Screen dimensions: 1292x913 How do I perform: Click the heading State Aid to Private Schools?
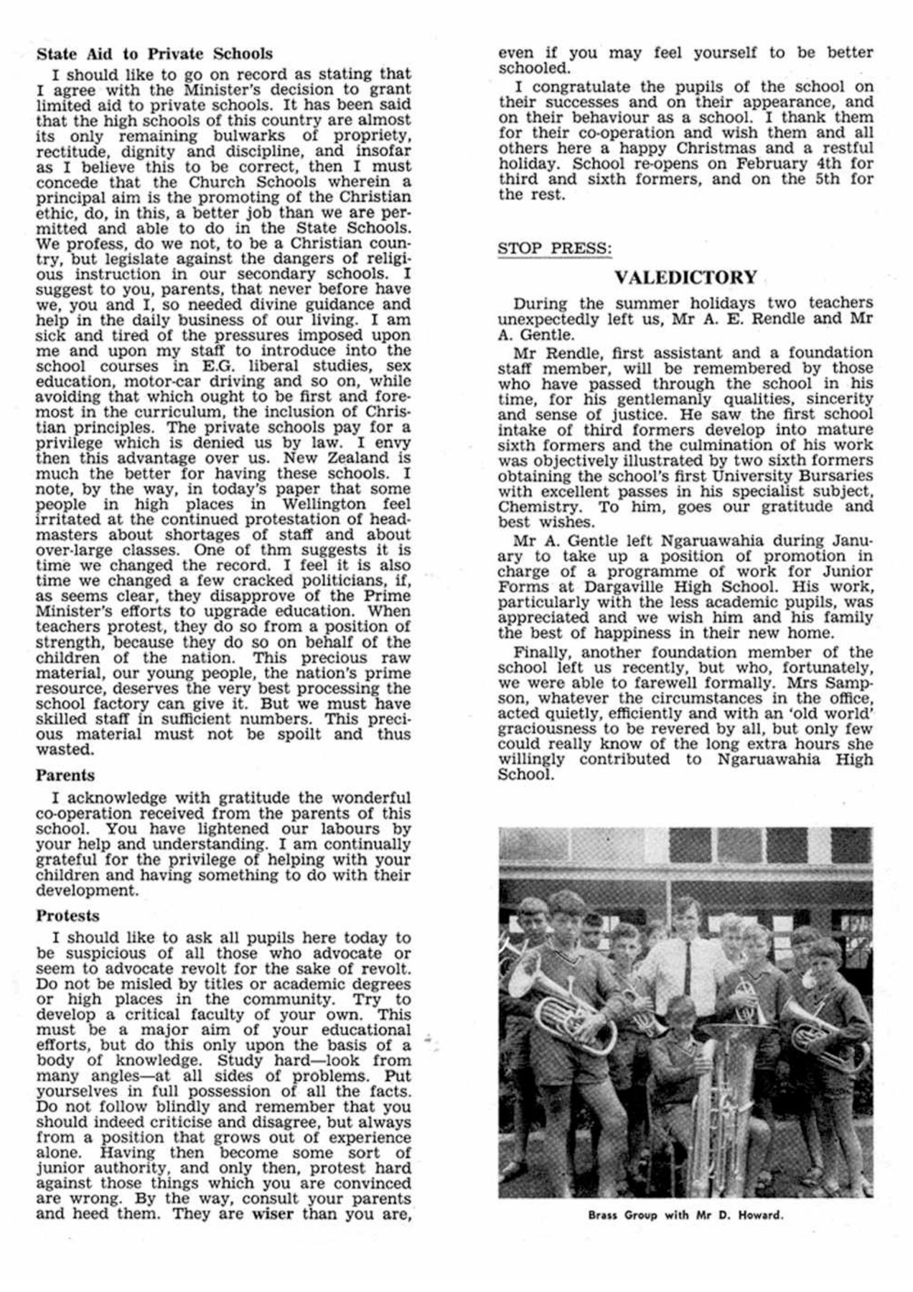[x=154, y=54]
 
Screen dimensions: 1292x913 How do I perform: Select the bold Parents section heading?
[x=65, y=775]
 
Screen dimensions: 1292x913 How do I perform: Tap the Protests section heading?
[x=67, y=916]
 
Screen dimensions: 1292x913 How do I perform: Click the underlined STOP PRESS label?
[x=555, y=248]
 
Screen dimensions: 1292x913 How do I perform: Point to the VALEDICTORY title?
[x=685, y=277]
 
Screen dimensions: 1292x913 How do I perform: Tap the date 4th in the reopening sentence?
[x=823, y=164]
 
